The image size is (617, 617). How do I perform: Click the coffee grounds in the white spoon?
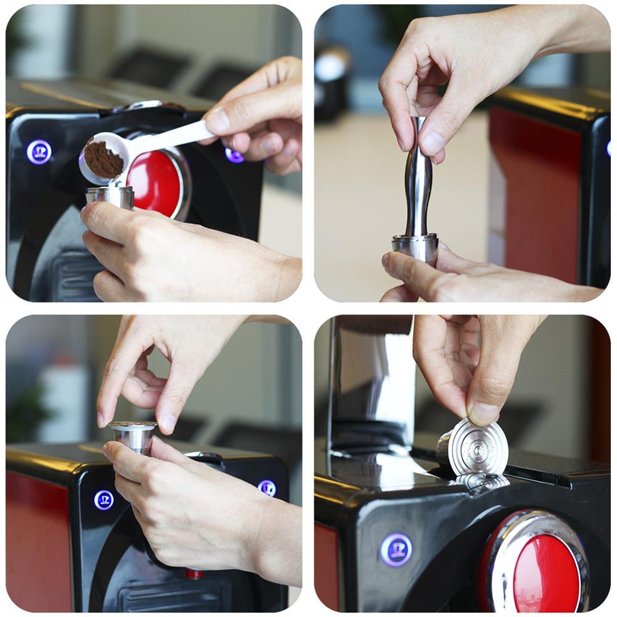[102, 159]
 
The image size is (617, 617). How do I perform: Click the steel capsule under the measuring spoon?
[110, 196]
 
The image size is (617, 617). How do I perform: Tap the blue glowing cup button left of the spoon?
[39, 152]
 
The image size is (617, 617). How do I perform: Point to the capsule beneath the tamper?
[415, 247]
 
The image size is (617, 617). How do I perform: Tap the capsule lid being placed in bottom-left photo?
[133, 426]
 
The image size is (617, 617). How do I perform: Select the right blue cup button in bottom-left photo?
[267, 488]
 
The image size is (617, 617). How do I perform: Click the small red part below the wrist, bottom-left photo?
[194, 574]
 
